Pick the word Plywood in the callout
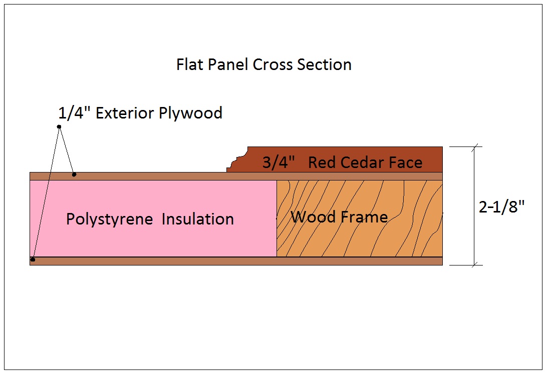click(x=190, y=113)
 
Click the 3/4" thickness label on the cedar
click(x=279, y=162)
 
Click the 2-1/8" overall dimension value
click(x=502, y=207)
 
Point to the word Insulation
click(x=198, y=219)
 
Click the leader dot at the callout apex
click(x=59, y=126)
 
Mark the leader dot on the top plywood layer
click(x=74, y=174)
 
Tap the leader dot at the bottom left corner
click(x=33, y=259)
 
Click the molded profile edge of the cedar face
click(x=237, y=159)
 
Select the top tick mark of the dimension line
click(x=474, y=146)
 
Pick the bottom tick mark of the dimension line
click(x=474, y=265)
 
